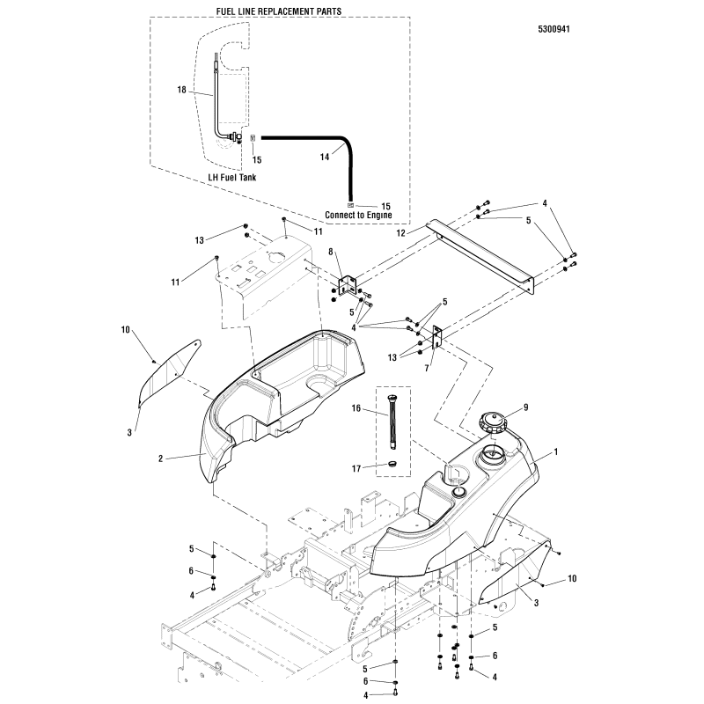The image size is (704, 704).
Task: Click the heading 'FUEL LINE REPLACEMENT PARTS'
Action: pos(279,10)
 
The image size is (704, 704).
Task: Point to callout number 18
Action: pos(182,90)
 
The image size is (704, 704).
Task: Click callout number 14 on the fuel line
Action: pos(299,157)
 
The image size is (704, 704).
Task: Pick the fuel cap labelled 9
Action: pos(495,423)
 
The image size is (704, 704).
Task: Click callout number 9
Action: pos(527,407)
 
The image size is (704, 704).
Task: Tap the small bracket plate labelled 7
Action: pos(437,339)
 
